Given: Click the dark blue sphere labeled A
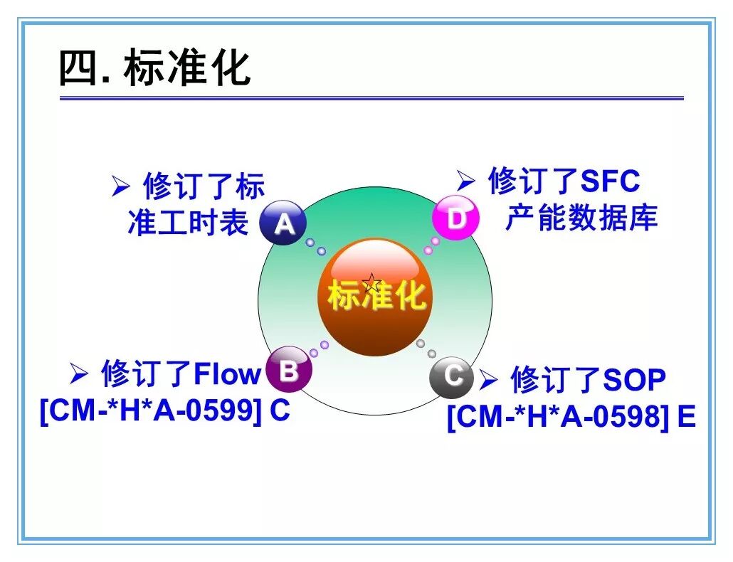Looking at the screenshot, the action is pos(283,223).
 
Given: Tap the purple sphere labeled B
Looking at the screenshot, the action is pos(288,369).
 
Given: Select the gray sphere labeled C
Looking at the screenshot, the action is pos(452,376).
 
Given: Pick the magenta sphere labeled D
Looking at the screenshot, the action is pos(455,218).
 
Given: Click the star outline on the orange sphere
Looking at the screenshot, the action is pos(371,283).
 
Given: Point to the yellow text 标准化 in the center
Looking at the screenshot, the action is pos(376,295).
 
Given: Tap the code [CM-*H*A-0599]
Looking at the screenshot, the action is pos(151,411).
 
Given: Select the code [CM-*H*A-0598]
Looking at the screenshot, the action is pos(558,417).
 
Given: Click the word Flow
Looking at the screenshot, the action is pos(227,373).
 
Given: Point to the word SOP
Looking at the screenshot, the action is pos(634,379).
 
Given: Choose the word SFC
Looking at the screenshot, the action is pos(610,181).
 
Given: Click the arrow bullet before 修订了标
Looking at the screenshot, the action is pos(120,186).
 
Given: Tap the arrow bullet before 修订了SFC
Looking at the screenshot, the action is pos(465,180).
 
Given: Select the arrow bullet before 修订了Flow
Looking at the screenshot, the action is pos(78,373).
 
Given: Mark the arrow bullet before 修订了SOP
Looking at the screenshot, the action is pos(488,379).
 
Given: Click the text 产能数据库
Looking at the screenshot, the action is pos(581,217).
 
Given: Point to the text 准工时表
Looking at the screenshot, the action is pos(188,222).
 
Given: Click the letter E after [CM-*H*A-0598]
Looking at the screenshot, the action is pos(686,416).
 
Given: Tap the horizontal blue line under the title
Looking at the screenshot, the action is pos(371,98).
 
